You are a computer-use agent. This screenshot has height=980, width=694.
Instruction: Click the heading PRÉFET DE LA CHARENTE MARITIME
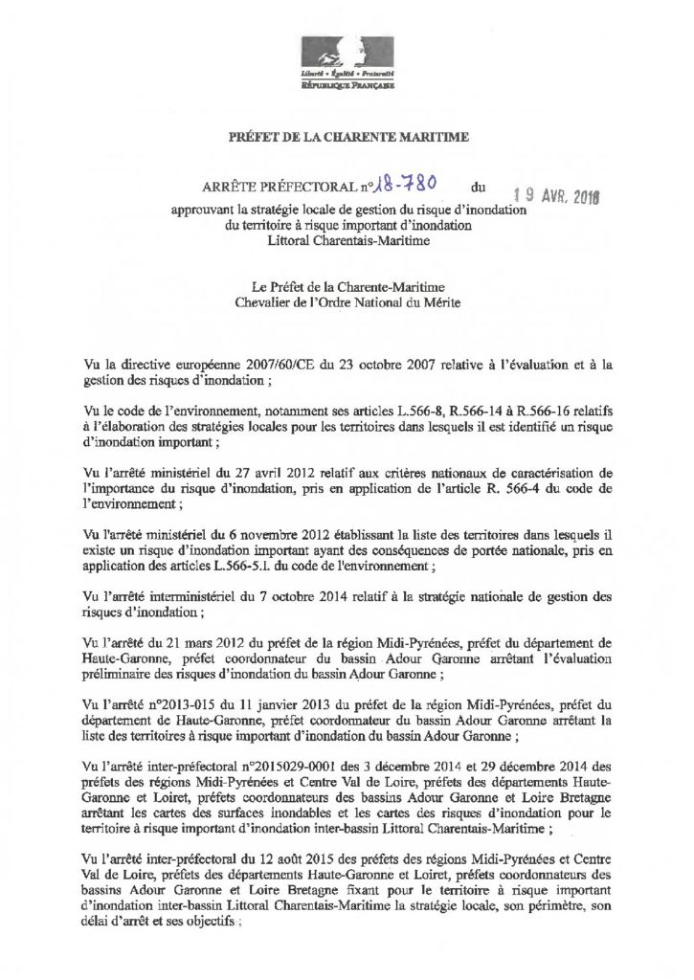coord(347,139)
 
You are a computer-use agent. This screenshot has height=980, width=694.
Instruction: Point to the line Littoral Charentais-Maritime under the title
coord(347,243)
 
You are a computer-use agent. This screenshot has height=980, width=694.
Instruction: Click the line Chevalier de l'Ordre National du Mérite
coord(347,303)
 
